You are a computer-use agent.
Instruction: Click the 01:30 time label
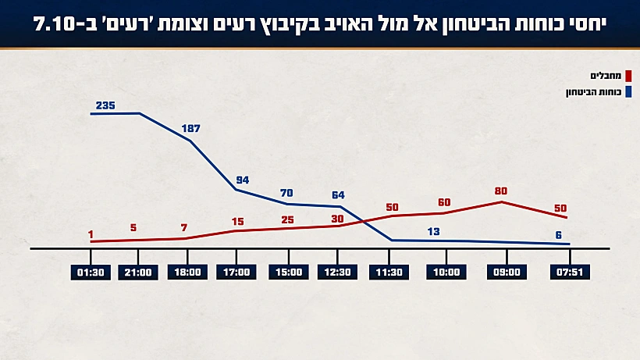click(91, 273)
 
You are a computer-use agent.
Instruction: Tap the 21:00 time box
click(138, 273)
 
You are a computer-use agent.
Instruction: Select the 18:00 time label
click(188, 273)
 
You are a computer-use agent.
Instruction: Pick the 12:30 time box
click(338, 273)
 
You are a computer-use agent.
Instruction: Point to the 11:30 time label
click(389, 273)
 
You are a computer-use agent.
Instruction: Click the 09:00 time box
click(507, 273)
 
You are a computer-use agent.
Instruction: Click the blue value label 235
click(105, 105)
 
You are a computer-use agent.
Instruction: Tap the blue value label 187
click(191, 128)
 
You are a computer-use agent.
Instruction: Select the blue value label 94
click(242, 180)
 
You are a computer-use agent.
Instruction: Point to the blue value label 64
click(338, 194)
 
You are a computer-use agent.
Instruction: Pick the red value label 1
click(91, 234)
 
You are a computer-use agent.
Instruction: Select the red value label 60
click(444, 202)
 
